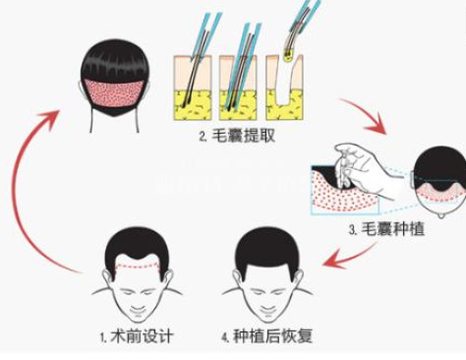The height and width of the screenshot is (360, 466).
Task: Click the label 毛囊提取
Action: (243, 136)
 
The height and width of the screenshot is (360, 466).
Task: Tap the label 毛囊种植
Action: (393, 229)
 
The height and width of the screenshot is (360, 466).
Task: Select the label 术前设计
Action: (142, 336)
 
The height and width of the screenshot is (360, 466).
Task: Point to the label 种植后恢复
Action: (272, 336)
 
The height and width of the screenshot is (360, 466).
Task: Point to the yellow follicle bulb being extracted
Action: (288, 57)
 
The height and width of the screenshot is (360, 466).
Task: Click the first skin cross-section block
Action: (193, 88)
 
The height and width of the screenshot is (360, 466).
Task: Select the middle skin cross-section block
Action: (238, 88)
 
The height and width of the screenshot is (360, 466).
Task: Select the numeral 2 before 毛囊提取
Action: (202, 137)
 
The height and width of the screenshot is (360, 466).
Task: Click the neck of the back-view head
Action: (114, 121)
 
